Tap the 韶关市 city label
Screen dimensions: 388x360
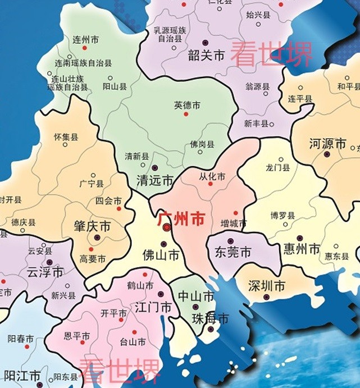pos(206,55)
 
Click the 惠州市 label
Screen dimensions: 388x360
pos(300,248)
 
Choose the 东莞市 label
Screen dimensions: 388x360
pos(233,252)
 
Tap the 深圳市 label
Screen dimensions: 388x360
pos(267,286)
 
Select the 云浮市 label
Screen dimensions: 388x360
pos(45,273)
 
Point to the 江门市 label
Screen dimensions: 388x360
pos(153,307)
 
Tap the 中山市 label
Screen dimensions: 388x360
pos(196,296)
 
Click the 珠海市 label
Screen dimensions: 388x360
pos(210,319)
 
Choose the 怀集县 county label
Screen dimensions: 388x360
pos(66,136)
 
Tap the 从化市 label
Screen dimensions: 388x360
pos(212,176)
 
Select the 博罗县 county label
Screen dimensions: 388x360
pos(282,215)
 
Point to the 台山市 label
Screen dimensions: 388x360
pos(134,341)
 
